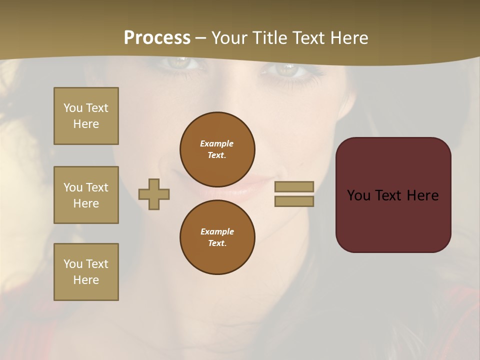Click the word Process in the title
(157, 38)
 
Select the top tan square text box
(86, 116)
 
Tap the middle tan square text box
(86, 195)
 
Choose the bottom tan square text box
(86, 272)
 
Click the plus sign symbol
(154, 194)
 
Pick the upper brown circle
(217, 149)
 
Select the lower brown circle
(217, 237)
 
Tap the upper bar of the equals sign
(294, 186)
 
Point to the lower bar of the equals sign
(294, 201)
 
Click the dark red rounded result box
(393, 195)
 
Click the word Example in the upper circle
(217, 143)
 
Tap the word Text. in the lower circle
(217, 243)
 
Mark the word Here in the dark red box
(422, 195)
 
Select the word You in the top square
(72, 108)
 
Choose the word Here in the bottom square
(86, 280)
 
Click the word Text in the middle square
(96, 187)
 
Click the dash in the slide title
(201, 38)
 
